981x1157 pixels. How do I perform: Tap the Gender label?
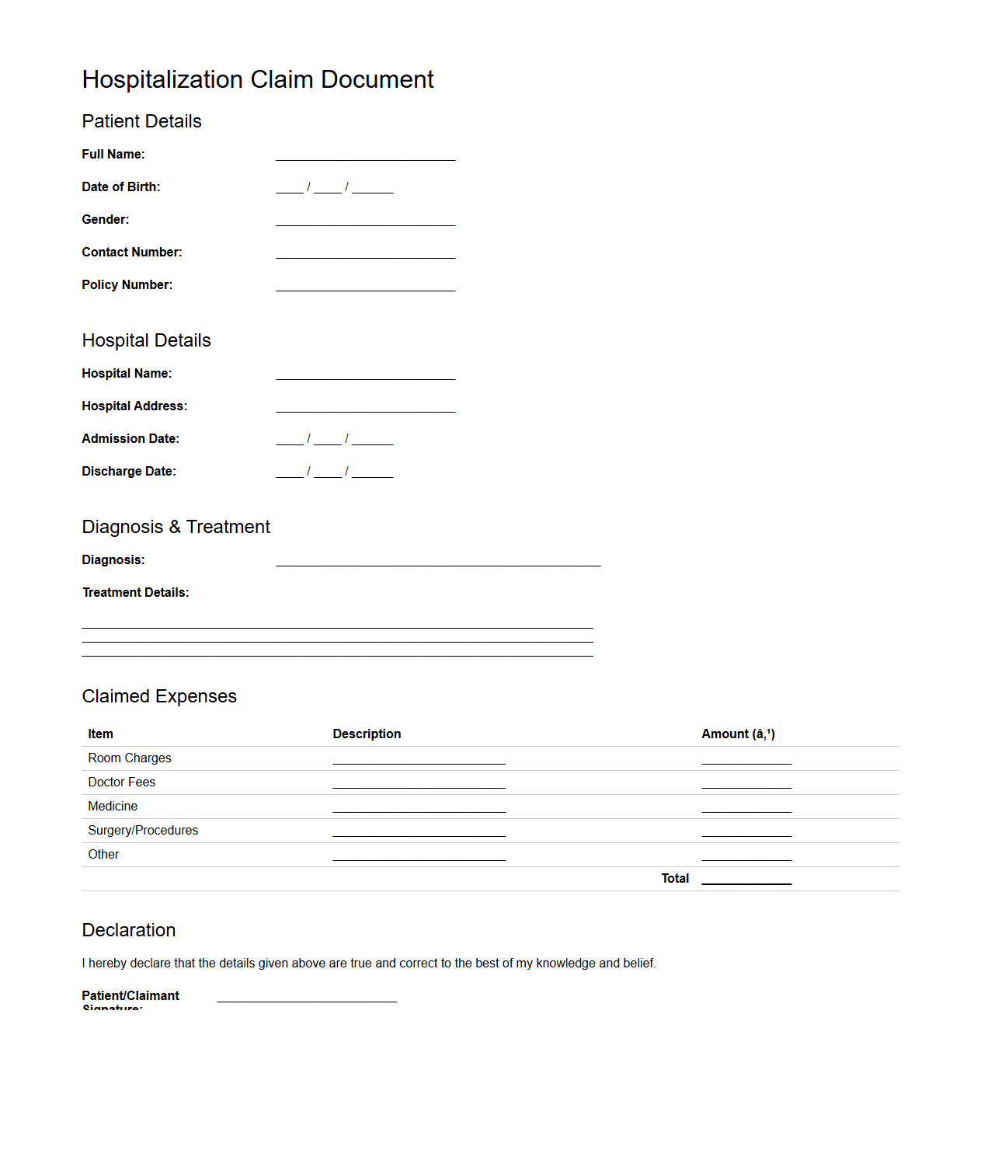coord(106,220)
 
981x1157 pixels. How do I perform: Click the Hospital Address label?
coord(134,406)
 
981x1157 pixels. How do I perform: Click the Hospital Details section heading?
coord(146,340)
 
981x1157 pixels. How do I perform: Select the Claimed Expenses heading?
coord(159,696)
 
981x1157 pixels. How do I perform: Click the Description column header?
coord(367,734)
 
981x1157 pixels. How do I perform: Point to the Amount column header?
coord(738,734)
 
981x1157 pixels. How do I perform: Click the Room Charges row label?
coord(130,758)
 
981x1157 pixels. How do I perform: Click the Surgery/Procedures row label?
coord(143,831)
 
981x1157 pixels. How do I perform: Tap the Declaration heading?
coord(129,930)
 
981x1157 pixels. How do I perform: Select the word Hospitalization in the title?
coord(162,79)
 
